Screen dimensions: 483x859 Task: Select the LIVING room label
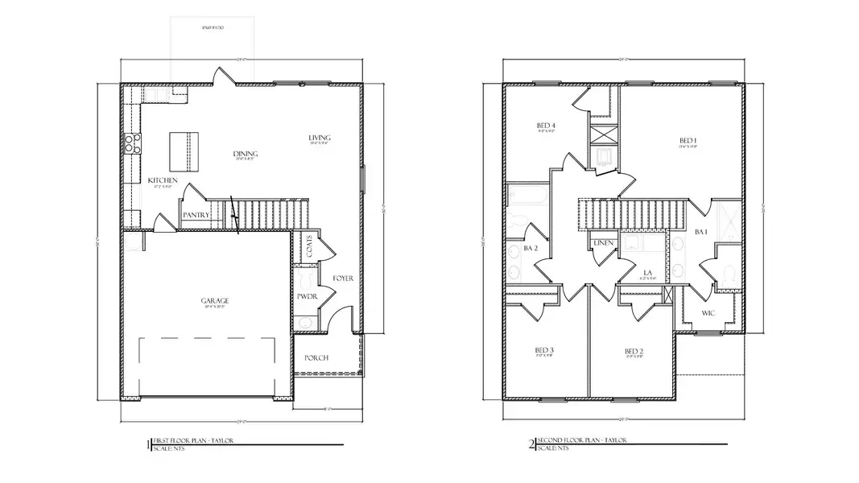click(x=319, y=138)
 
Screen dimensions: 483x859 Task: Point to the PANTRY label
click(x=196, y=215)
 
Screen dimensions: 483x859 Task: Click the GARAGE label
click(x=214, y=301)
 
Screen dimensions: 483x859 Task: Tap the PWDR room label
click(x=306, y=296)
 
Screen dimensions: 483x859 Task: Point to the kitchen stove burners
click(x=130, y=143)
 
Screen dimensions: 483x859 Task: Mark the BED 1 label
click(x=688, y=142)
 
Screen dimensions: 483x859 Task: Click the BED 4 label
click(x=546, y=126)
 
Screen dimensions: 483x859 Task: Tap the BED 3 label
click(x=544, y=350)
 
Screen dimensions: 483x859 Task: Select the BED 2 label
click(x=634, y=351)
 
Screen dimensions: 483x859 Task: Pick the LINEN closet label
click(x=603, y=243)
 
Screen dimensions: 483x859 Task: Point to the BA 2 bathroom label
click(x=531, y=249)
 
